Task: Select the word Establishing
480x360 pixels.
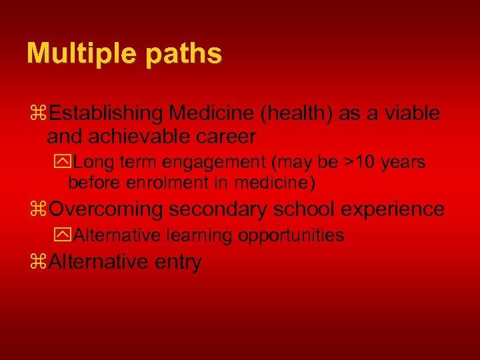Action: pyautogui.click(x=107, y=113)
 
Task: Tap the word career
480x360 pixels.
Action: pyautogui.click(x=226, y=137)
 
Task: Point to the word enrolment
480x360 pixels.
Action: pyautogui.click(x=159, y=182)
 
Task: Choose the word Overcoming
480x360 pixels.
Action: pyautogui.click(x=106, y=209)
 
